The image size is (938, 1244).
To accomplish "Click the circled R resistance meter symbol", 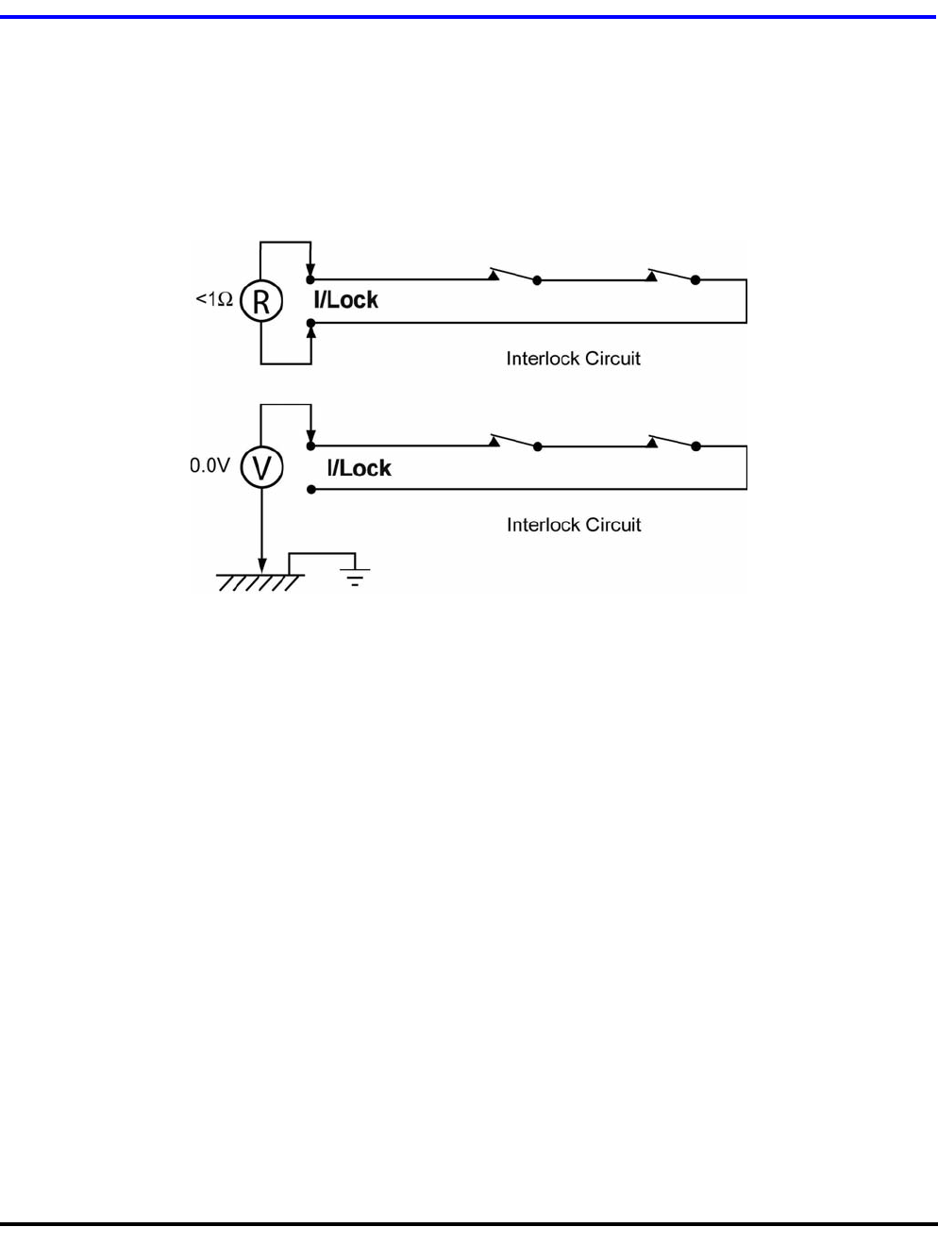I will (x=260, y=302).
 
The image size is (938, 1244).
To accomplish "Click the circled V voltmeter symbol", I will (x=260, y=467).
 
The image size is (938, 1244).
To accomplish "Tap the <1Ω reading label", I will (x=214, y=300).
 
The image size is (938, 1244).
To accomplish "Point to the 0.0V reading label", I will (x=209, y=465).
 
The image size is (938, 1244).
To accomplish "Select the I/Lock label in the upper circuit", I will (x=345, y=300).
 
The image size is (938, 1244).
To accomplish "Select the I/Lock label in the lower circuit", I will (x=359, y=468).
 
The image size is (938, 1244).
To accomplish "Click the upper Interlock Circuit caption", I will (x=573, y=359).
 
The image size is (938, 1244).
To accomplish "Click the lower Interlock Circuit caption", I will (x=573, y=525).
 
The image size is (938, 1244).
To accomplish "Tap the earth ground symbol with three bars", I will (x=355, y=576).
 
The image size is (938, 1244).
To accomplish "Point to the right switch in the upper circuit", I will (x=672, y=276).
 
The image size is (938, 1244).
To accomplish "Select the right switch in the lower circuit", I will (x=672, y=442).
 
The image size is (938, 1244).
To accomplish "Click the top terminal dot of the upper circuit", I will (x=310, y=280).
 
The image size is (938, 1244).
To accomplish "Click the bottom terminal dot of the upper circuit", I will (x=310, y=323).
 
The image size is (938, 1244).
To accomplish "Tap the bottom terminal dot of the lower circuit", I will (x=310, y=489).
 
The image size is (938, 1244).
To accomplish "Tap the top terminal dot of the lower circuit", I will (x=310, y=445).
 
